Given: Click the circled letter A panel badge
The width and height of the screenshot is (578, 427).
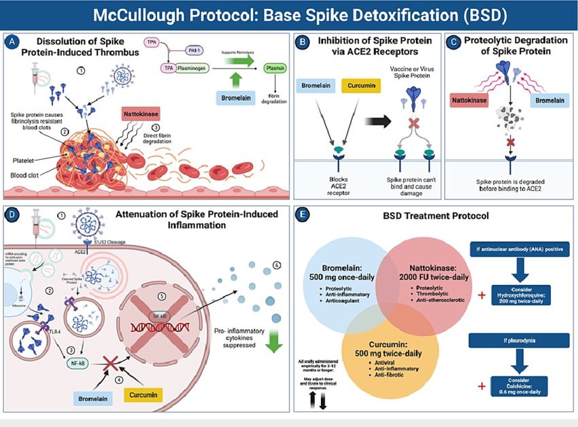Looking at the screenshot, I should coord(12,42).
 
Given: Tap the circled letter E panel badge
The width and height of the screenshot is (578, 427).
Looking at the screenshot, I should coord(304,214).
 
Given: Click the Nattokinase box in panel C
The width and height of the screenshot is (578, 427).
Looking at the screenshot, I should coord(473,101).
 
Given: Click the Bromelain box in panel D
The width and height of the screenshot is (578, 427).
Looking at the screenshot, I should coord(92,396).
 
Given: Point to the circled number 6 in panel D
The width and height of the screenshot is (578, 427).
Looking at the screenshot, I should coord(277,264).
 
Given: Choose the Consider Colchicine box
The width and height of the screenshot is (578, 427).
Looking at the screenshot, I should coord(519,386).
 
